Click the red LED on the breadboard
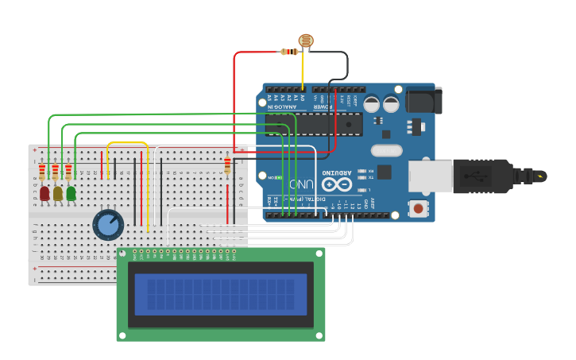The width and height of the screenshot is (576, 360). coord(44,193)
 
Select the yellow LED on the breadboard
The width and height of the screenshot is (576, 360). coord(57,193)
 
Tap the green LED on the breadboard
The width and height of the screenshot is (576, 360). coord(71,193)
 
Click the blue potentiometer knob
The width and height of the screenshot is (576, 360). coord(108,225)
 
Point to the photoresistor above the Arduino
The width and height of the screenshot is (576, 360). coord(306,41)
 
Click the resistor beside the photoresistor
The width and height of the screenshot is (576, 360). coord(290,52)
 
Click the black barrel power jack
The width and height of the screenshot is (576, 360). coord(423,100)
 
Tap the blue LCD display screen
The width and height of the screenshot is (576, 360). coord(221,294)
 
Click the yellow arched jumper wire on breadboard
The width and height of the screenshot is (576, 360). coord(127,144)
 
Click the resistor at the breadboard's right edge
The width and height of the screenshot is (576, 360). coord(228,165)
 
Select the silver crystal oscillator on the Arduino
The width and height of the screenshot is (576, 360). coord(387,149)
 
